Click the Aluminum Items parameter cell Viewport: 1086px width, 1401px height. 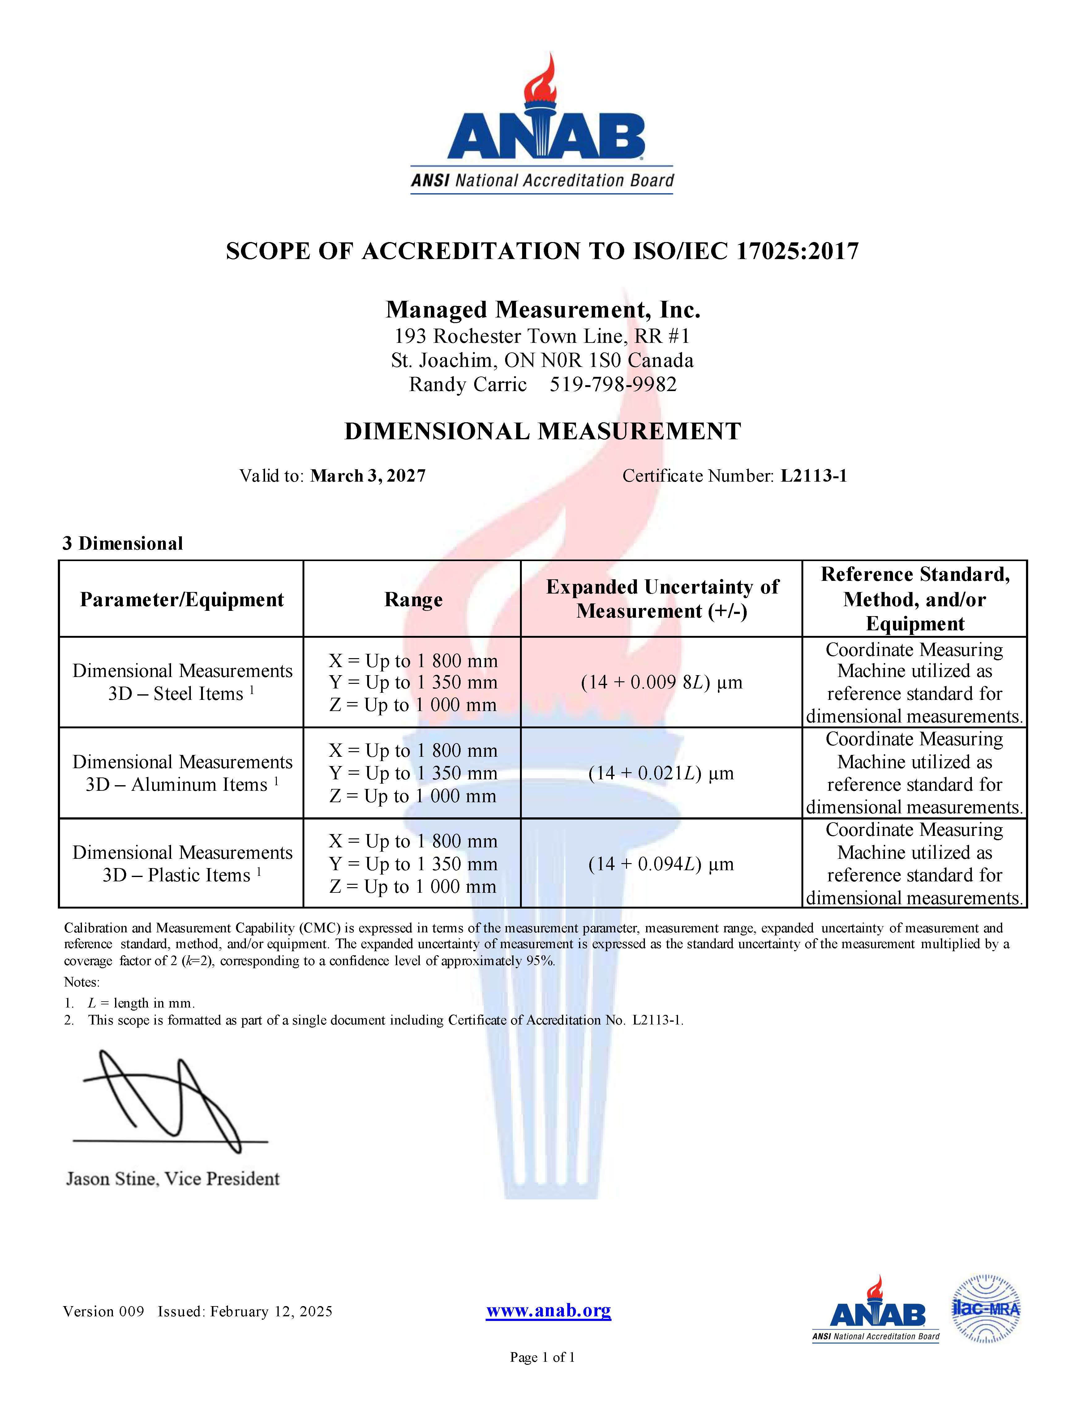[x=182, y=773]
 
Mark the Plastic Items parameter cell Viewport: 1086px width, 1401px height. [x=182, y=864]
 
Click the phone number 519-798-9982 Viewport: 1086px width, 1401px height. [x=613, y=384]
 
